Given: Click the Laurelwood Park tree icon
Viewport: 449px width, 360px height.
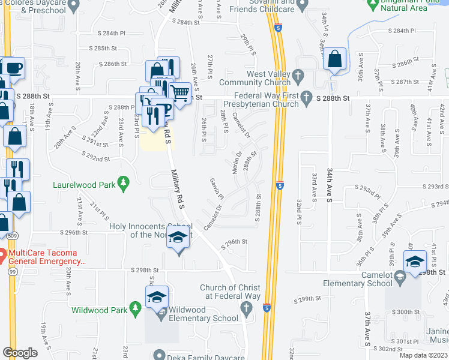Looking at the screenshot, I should (124, 184).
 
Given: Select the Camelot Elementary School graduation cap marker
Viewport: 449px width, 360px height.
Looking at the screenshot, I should (415, 262).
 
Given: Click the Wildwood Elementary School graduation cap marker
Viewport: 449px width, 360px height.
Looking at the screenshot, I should (157, 297).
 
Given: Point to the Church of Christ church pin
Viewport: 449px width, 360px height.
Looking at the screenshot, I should (246, 308).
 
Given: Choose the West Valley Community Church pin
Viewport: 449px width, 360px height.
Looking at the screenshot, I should (301, 76).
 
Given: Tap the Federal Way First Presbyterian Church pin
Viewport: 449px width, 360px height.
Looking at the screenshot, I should (306, 97).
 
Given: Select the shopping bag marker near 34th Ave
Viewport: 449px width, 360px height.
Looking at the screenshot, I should (335, 59).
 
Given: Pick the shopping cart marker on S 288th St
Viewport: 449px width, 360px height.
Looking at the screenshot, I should (179, 92).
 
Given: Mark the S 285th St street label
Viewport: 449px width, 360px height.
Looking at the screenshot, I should (103, 47).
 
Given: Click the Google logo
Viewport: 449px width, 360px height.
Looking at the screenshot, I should (20, 353).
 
